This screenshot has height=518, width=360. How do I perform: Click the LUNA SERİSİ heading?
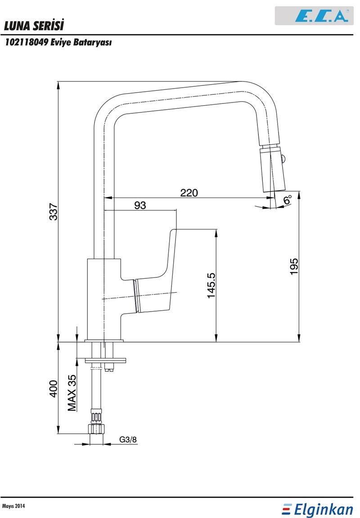34,26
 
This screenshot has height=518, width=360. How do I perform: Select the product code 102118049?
27,43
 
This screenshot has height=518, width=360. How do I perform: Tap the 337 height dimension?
54,212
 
